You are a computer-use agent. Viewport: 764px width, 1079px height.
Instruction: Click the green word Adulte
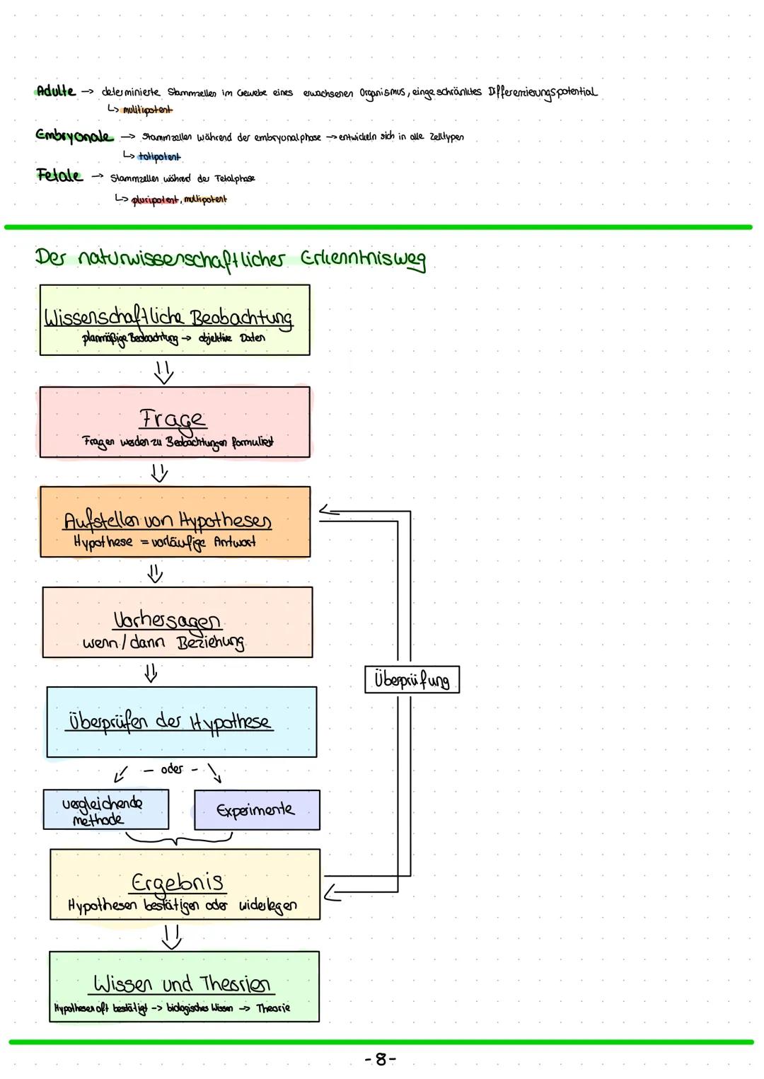[x=55, y=91]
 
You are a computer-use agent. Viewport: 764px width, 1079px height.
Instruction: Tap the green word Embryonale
[x=74, y=136]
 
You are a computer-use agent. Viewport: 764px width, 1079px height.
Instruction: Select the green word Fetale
[x=59, y=176]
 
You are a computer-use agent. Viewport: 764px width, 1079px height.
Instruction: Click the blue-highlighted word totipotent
[x=159, y=156]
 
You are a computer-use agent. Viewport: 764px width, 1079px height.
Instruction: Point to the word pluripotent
[x=156, y=200]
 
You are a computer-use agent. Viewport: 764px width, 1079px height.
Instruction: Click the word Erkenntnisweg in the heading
[x=364, y=259]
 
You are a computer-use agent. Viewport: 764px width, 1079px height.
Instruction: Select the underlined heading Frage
[x=173, y=419]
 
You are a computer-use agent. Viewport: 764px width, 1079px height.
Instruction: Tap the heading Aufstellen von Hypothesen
[x=168, y=521]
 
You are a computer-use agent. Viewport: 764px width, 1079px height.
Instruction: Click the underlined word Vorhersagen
[x=167, y=621]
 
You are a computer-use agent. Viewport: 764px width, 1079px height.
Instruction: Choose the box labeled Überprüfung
[x=412, y=679]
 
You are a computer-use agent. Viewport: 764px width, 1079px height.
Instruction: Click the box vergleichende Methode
[x=105, y=810]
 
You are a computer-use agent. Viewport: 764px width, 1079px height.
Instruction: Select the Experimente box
[x=256, y=810]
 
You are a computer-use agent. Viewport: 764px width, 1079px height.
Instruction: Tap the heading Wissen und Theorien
[x=182, y=983]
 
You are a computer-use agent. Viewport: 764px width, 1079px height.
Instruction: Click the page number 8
[x=381, y=1059]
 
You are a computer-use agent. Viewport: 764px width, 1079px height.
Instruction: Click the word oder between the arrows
[x=172, y=769]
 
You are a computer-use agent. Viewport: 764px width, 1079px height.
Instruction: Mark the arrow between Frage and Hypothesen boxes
[x=160, y=472]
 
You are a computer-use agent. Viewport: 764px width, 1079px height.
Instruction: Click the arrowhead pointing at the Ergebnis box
[x=331, y=894]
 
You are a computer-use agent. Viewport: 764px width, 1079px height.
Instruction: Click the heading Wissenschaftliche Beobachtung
[x=168, y=318]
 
